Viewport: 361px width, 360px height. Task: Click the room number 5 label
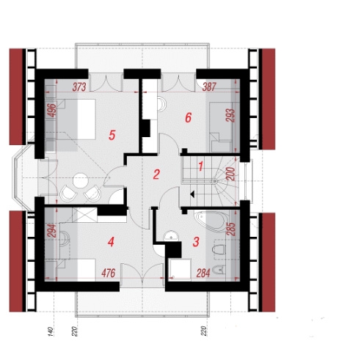[112, 135]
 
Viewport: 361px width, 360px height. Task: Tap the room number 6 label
[188, 118]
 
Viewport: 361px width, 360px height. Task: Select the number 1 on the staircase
[200, 166]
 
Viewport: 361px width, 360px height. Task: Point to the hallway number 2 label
[156, 175]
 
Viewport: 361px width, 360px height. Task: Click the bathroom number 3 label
[196, 242]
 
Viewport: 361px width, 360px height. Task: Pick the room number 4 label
[111, 242]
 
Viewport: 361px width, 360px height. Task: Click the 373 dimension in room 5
[79, 87]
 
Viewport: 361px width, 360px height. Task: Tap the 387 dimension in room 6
[210, 87]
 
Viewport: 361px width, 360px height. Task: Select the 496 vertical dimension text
[53, 111]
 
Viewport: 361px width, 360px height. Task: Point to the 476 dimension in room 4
[108, 273]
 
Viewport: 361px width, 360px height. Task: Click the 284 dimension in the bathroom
[203, 273]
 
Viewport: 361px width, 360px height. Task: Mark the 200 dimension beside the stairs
[231, 174]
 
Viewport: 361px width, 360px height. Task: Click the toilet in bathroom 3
[219, 249]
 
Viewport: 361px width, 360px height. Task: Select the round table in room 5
[81, 180]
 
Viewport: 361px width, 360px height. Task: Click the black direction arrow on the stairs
[192, 194]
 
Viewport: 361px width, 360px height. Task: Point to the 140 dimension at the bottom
[50, 331]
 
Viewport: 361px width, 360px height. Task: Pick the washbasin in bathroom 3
[171, 235]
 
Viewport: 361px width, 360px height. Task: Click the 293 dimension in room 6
[231, 115]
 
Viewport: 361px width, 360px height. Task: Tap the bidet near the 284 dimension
[219, 270]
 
